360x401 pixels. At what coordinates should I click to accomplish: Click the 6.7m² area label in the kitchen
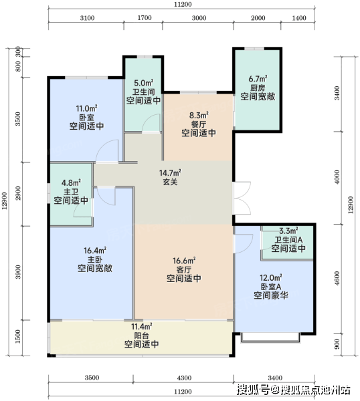point(258,78)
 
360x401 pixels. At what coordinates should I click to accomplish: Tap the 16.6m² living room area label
point(184,261)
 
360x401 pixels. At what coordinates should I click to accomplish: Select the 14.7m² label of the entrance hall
point(170,173)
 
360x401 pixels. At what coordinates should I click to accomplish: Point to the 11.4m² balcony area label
point(142,327)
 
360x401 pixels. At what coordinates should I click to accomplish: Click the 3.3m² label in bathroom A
point(288,231)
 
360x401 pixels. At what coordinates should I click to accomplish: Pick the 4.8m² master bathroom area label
point(71,183)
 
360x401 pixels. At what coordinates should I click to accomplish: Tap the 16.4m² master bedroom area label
point(95,251)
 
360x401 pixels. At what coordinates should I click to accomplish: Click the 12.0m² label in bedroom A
point(271,277)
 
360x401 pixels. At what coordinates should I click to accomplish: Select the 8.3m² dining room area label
point(199,116)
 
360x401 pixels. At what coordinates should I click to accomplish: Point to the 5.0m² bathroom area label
point(144,83)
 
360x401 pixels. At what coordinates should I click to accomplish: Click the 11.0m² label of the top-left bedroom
point(86,108)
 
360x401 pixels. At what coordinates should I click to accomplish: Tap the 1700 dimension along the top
point(145,18)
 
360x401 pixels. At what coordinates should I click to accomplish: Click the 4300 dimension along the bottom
point(184,378)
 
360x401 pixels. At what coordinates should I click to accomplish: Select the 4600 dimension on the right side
point(337,279)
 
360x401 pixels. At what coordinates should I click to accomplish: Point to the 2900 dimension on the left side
point(17,193)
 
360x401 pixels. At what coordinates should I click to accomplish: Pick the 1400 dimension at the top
point(299,18)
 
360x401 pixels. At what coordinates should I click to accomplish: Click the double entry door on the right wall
point(242,198)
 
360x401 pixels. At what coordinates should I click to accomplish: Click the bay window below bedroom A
point(270,338)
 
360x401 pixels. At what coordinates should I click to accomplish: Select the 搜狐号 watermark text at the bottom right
point(253,390)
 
